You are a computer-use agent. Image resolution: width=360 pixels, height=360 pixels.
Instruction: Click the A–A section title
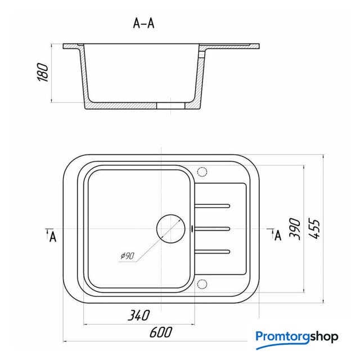point(144,24)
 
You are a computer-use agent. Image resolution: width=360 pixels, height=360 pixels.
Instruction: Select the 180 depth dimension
point(43,73)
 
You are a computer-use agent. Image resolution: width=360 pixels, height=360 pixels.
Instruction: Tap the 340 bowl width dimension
point(139,315)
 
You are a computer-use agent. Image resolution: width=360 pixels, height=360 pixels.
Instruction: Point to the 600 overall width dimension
point(161,332)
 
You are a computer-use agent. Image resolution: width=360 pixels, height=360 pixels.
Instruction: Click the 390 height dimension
point(295,229)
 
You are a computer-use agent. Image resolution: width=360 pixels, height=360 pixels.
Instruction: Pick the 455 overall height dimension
point(314,229)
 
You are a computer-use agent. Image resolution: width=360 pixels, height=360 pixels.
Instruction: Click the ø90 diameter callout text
point(127,255)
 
